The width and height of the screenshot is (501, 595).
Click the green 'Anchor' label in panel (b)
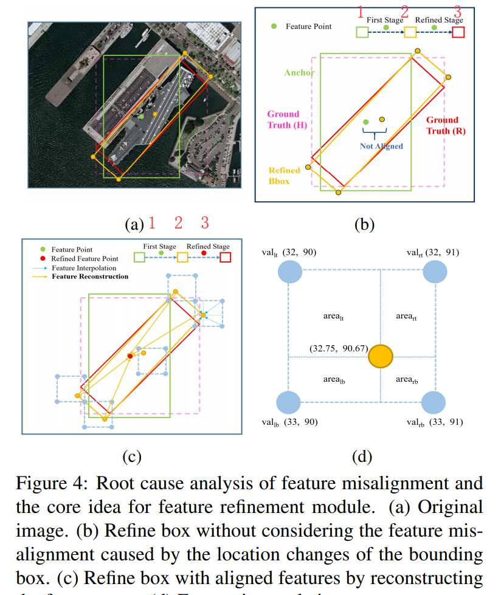point(299,73)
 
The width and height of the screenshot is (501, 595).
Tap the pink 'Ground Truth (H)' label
point(284,120)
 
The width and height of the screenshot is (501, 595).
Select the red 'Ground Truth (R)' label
point(442,125)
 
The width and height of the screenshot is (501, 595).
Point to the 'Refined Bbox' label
point(285,176)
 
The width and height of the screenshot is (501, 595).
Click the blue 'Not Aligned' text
point(381,146)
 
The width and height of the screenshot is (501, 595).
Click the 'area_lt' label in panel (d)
point(334,316)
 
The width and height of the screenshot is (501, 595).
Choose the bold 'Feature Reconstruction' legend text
point(90,277)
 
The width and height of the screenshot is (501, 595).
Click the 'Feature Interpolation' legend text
point(83,267)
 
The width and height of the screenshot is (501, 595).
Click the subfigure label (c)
point(132,455)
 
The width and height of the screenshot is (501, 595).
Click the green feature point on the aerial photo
point(142,115)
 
